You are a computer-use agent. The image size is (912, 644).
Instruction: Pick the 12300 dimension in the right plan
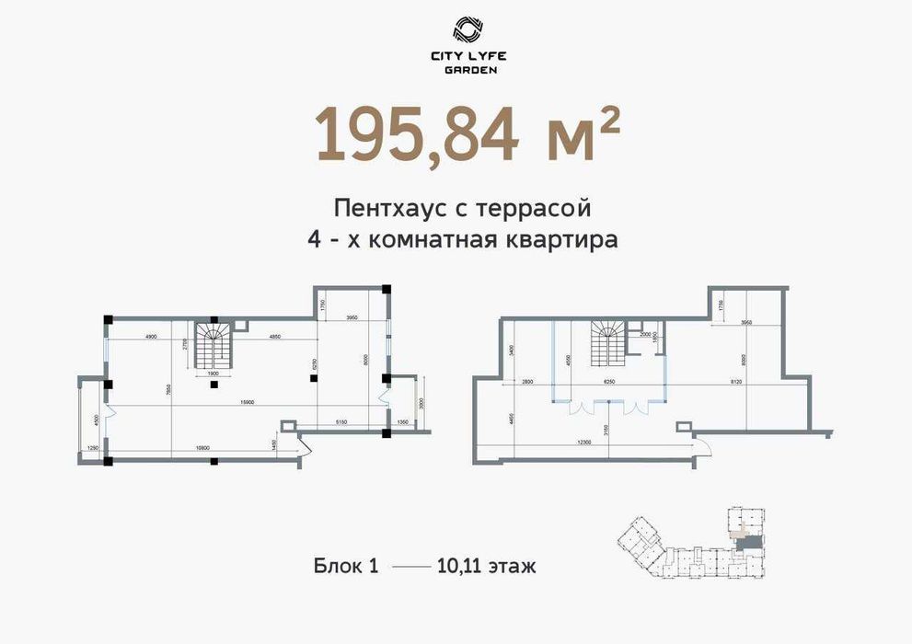tap(577, 443)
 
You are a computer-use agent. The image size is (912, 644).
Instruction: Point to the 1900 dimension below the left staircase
tap(212, 374)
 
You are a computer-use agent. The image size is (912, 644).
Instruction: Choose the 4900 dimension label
tap(150, 337)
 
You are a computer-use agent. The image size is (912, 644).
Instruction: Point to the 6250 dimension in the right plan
tap(608, 380)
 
